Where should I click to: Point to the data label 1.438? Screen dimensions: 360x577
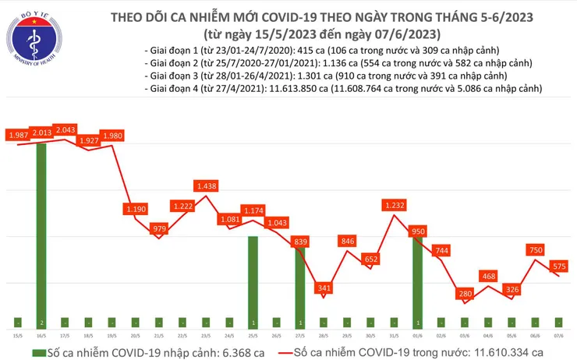[206, 186]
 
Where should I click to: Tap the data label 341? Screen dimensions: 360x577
[323, 288]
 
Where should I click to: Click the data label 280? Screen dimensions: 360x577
[465, 293]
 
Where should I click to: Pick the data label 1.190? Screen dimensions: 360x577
[135, 209]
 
